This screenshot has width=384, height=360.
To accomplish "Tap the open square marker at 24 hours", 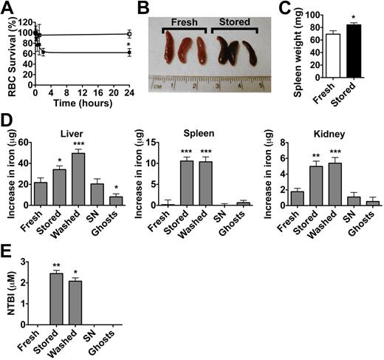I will click(x=129, y=34).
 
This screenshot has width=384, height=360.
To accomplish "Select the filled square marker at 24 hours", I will click(x=129, y=52).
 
